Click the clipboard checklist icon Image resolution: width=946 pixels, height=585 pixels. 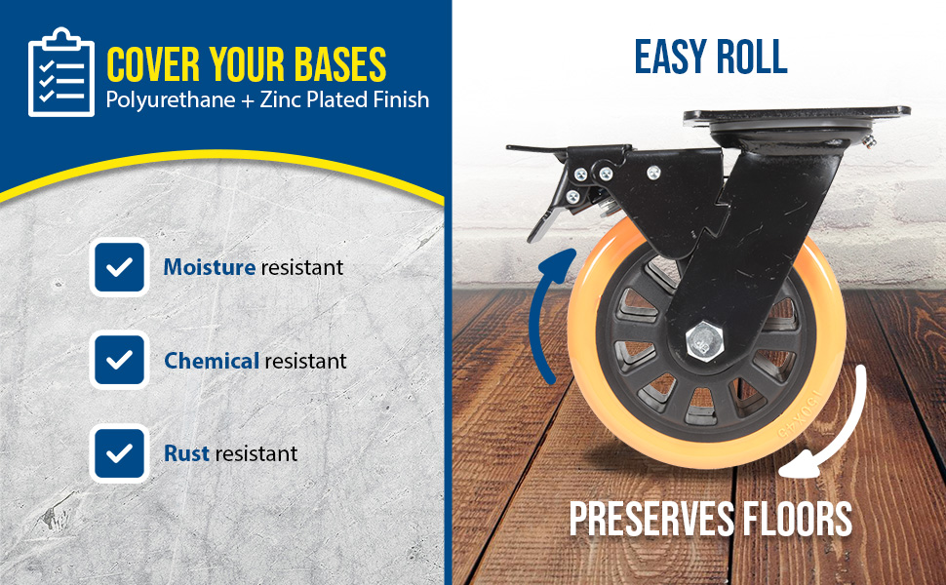[61, 72]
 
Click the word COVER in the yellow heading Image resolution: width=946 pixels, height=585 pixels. [153, 64]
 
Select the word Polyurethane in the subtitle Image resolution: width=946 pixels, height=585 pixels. [171, 100]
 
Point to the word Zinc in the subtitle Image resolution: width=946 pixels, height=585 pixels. [281, 98]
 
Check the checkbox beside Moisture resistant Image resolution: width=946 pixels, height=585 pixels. [119, 267]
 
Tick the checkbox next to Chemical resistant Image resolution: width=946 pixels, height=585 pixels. [119, 360]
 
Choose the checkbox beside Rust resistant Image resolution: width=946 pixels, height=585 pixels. [119, 453]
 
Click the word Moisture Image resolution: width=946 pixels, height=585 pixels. [210, 266]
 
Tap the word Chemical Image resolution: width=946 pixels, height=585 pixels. [212, 361]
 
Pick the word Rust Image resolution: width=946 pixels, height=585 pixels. [186, 453]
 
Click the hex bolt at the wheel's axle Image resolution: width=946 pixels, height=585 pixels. [705, 341]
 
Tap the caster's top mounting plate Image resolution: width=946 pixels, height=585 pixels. [797, 115]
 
